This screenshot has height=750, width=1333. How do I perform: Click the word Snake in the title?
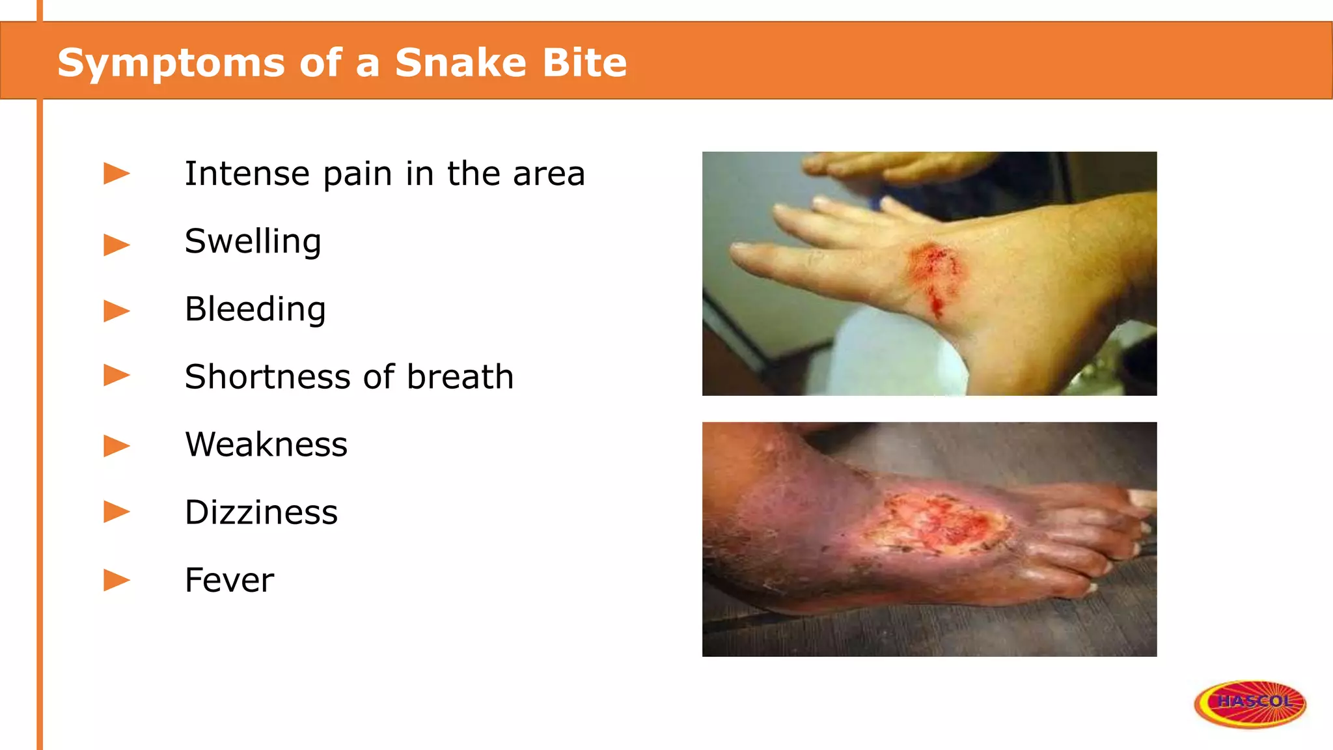pos(460,62)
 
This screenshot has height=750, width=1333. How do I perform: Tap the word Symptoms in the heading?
pos(171,64)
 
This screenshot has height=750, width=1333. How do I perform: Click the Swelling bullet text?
pos(253,242)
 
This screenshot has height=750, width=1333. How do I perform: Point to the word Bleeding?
pos(254,309)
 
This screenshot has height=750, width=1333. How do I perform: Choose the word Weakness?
pos(266,445)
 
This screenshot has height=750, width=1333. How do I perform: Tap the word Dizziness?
pos(261,512)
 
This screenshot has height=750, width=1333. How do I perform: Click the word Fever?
pos(229,580)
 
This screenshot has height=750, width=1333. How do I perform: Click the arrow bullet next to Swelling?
pos(117,245)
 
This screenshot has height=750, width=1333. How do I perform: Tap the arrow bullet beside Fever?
pos(117,579)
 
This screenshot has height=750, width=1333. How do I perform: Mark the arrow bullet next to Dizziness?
pos(117,512)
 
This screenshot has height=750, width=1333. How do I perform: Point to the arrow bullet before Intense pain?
pos(117,174)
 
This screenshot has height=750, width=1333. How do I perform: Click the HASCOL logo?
pos(1250,702)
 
